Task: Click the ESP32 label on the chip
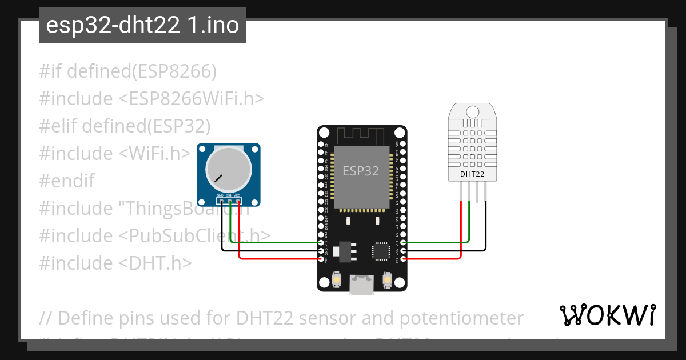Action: tap(361, 171)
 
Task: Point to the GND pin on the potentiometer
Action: tap(221, 201)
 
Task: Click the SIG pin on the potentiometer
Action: tap(229, 201)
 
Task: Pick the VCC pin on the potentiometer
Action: tap(237, 201)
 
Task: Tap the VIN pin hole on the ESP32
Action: tap(321, 259)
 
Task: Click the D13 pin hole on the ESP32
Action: tap(321, 243)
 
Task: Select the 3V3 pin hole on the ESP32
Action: tap(404, 259)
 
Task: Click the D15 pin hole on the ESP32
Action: tap(404, 243)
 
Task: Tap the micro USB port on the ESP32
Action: tap(362, 285)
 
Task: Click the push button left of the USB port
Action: tap(338, 279)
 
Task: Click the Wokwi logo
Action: tap(607, 315)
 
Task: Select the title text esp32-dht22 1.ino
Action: tap(142, 25)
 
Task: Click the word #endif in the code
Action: tap(67, 181)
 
